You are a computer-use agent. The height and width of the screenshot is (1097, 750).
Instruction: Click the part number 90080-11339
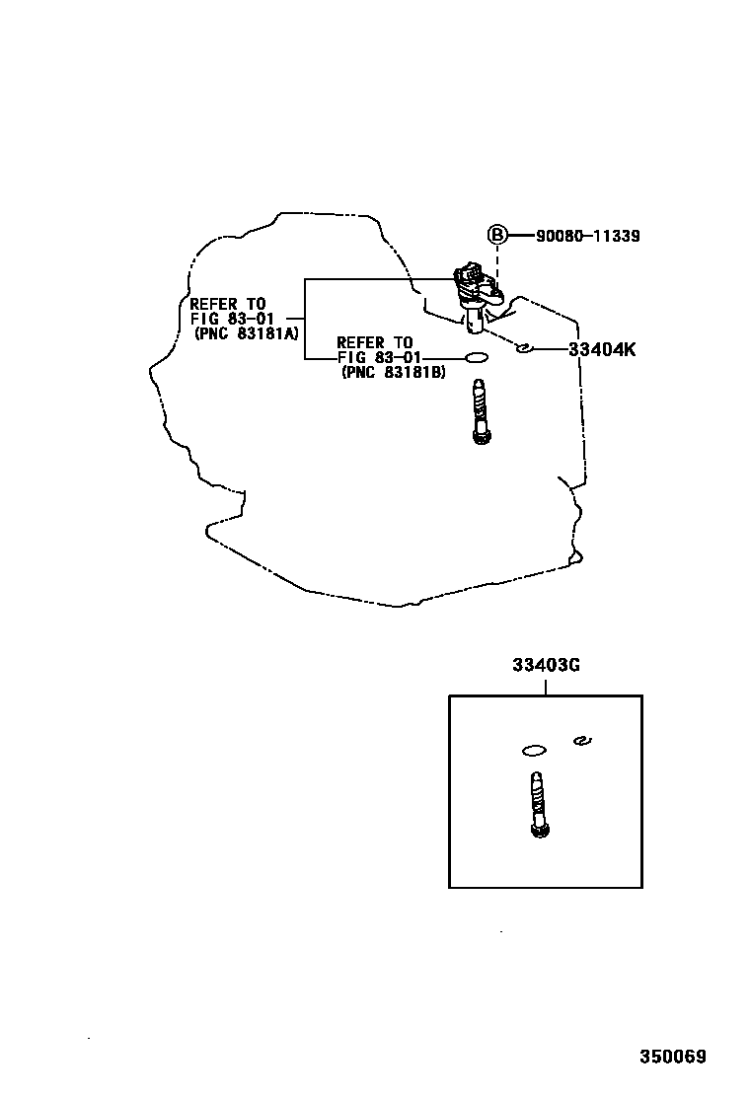[588, 236]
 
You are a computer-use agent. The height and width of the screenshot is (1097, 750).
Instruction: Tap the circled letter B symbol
[496, 235]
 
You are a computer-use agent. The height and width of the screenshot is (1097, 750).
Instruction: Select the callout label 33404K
[602, 349]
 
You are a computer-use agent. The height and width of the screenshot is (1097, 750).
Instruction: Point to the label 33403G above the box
[546, 665]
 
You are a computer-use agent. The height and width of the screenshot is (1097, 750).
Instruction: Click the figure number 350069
[672, 1057]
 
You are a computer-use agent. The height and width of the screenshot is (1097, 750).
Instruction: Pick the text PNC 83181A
[247, 333]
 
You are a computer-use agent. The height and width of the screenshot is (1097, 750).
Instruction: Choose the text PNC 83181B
[393, 372]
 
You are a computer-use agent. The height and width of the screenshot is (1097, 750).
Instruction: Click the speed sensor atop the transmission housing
[476, 294]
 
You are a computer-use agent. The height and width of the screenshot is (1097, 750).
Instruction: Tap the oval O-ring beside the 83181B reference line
[477, 357]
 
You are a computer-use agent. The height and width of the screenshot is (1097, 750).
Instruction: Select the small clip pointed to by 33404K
[523, 347]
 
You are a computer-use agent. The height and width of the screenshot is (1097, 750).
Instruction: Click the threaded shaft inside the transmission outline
[480, 411]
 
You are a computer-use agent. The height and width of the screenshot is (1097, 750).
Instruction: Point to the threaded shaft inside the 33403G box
[538, 804]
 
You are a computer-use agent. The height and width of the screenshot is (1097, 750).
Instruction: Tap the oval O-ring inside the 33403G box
[534, 751]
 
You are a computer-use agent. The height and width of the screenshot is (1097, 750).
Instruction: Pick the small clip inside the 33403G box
[582, 740]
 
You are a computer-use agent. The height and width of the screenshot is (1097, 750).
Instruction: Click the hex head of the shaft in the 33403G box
[540, 830]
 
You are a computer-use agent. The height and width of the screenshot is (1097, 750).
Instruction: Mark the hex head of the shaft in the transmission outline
[481, 437]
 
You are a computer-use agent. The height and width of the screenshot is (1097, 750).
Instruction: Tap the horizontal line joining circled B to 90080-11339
[520, 236]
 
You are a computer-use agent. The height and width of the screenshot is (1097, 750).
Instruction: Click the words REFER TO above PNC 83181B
[375, 343]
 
